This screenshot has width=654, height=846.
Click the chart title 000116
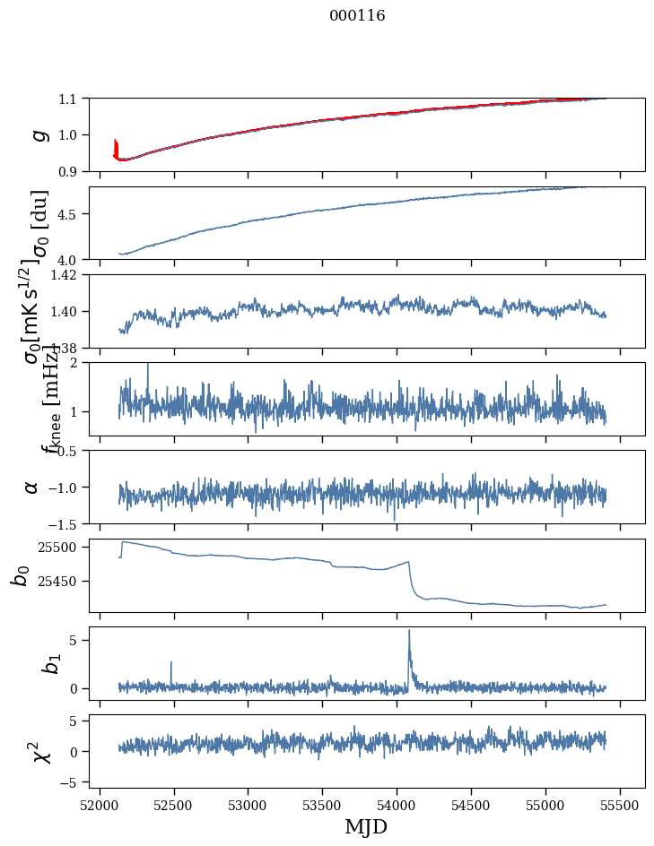(357, 15)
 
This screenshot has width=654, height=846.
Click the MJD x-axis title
(366, 826)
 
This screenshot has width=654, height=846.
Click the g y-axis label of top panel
(38, 134)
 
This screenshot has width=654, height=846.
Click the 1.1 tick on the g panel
(72, 99)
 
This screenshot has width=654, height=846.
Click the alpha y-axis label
(32, 487)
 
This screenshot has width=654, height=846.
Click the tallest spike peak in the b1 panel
(409, 630)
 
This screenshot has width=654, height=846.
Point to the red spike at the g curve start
(116, 145)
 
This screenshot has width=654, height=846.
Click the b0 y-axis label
(22, 575)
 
